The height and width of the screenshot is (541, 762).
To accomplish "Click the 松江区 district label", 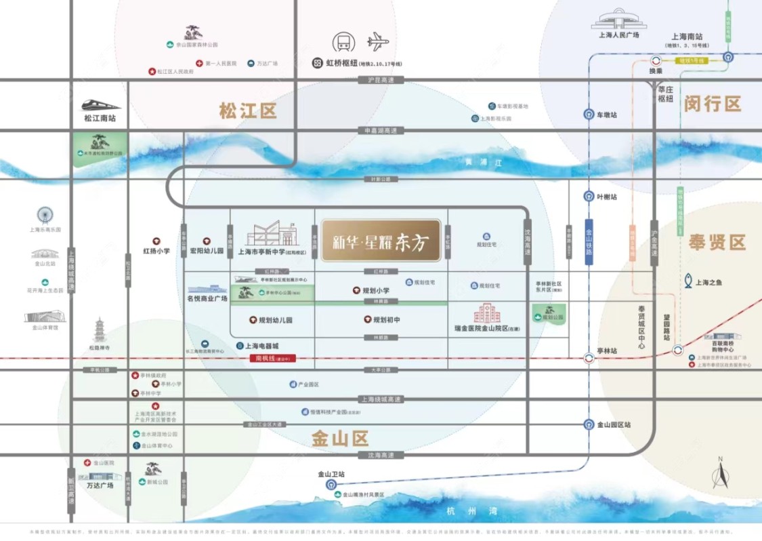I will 249,111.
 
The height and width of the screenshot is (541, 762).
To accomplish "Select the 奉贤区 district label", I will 717,242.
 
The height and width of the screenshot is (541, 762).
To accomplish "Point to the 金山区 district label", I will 339,438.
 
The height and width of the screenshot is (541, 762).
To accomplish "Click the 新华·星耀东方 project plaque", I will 381,241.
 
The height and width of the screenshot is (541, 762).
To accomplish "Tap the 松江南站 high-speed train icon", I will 101,105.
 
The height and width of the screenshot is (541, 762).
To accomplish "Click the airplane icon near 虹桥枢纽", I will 379,42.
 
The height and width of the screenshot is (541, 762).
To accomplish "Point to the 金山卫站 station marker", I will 331,484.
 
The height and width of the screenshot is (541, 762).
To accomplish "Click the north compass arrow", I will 721,475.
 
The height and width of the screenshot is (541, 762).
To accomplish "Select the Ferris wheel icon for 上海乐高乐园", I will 45,216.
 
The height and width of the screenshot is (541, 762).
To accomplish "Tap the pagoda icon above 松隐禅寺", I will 100,330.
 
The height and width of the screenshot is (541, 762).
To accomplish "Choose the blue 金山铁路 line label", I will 589,241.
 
